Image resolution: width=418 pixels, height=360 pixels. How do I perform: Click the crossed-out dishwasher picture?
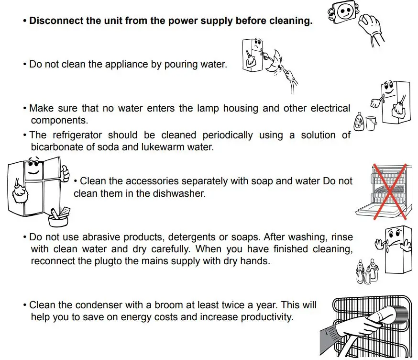[x=384, y=191]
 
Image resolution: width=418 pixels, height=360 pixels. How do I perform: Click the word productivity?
[x=266, y=317]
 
